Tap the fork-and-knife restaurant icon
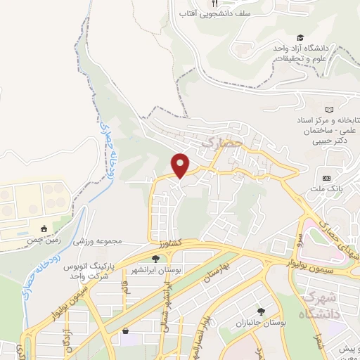(205, 3)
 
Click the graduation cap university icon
(300, 37)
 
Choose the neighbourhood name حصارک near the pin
(221, 143)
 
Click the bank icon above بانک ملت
(326, 177)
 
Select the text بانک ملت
(328, 190)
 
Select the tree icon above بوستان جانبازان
(262, 311)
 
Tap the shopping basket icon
(125, 330)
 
